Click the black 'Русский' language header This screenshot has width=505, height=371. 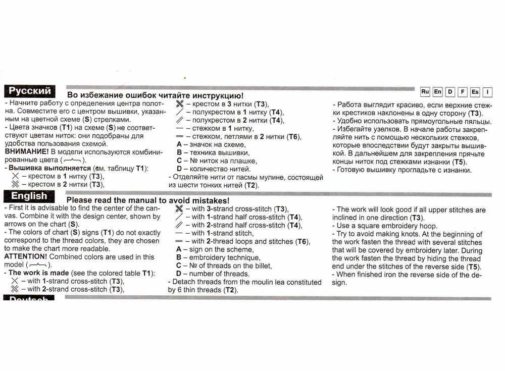point(30,91)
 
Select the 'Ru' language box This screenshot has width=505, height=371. point(425,92)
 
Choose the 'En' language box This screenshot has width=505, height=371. point(437,92)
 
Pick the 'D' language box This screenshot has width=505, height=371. point(450,92)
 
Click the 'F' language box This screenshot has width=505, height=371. point(462,92)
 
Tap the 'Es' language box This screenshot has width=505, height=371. point(475,92)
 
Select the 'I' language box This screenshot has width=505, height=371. point(487,92)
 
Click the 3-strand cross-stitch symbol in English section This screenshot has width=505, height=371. point(178,209)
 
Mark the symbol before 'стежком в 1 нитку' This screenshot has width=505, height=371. point(179,128)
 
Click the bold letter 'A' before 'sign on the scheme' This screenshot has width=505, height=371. point(179,249)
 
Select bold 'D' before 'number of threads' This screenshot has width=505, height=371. point(179,274)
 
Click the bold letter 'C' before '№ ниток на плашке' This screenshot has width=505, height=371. point(179,161)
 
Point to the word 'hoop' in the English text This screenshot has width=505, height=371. point(429,226)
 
